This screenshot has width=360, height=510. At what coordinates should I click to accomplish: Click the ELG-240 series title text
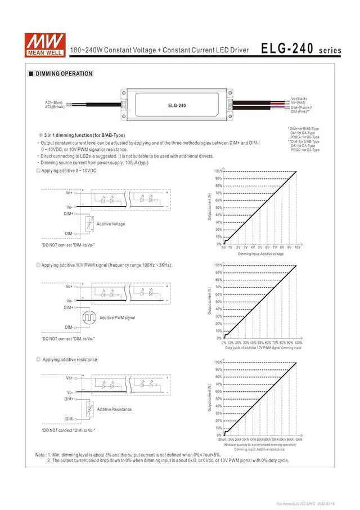301,49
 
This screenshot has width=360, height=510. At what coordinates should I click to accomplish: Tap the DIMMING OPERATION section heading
64,74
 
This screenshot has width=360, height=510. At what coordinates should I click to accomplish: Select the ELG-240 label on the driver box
177,105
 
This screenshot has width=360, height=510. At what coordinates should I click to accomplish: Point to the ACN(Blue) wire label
54,102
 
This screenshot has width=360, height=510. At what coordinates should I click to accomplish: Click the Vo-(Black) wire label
299,99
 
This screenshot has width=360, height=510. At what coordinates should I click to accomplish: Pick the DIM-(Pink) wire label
301,111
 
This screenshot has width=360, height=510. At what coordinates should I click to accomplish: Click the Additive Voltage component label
111,224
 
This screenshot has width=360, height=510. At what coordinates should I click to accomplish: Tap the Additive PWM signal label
117,318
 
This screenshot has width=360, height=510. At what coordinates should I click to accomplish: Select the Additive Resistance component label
114,409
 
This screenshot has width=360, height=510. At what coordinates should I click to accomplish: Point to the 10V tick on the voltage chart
297,247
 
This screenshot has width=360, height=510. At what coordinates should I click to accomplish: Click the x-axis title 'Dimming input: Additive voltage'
260,254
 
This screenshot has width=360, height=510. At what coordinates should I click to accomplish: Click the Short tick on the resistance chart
222,439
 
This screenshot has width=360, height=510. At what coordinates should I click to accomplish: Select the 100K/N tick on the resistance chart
298,439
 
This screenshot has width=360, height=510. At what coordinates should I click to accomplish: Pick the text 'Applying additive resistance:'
70,359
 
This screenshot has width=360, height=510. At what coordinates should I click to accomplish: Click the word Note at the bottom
40,454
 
